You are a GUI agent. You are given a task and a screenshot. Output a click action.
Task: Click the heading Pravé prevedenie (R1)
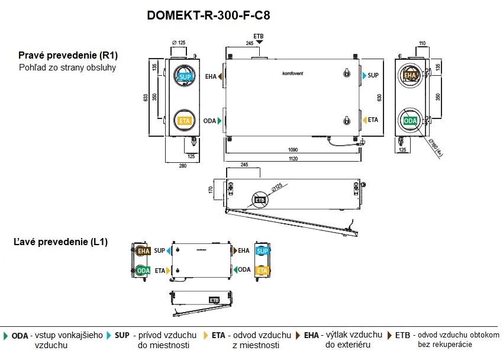68,56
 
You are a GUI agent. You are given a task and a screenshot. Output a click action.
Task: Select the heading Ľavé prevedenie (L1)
61,242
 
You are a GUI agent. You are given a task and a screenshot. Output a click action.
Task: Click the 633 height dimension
146,98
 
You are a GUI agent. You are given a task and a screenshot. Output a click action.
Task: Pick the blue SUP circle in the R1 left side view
185,77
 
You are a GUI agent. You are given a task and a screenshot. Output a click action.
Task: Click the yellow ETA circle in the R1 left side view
185,120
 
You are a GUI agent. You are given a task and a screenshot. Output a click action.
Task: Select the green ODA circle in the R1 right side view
410,121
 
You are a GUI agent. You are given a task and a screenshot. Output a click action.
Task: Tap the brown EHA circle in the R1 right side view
410,76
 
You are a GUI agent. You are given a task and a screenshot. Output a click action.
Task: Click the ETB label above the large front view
258,36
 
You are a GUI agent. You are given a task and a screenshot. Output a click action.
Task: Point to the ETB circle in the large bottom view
260,200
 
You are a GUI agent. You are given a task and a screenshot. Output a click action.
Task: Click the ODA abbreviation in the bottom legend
20,335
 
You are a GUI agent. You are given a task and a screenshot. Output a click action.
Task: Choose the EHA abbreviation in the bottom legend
311,335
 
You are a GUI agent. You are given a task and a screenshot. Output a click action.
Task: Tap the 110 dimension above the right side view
422,43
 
